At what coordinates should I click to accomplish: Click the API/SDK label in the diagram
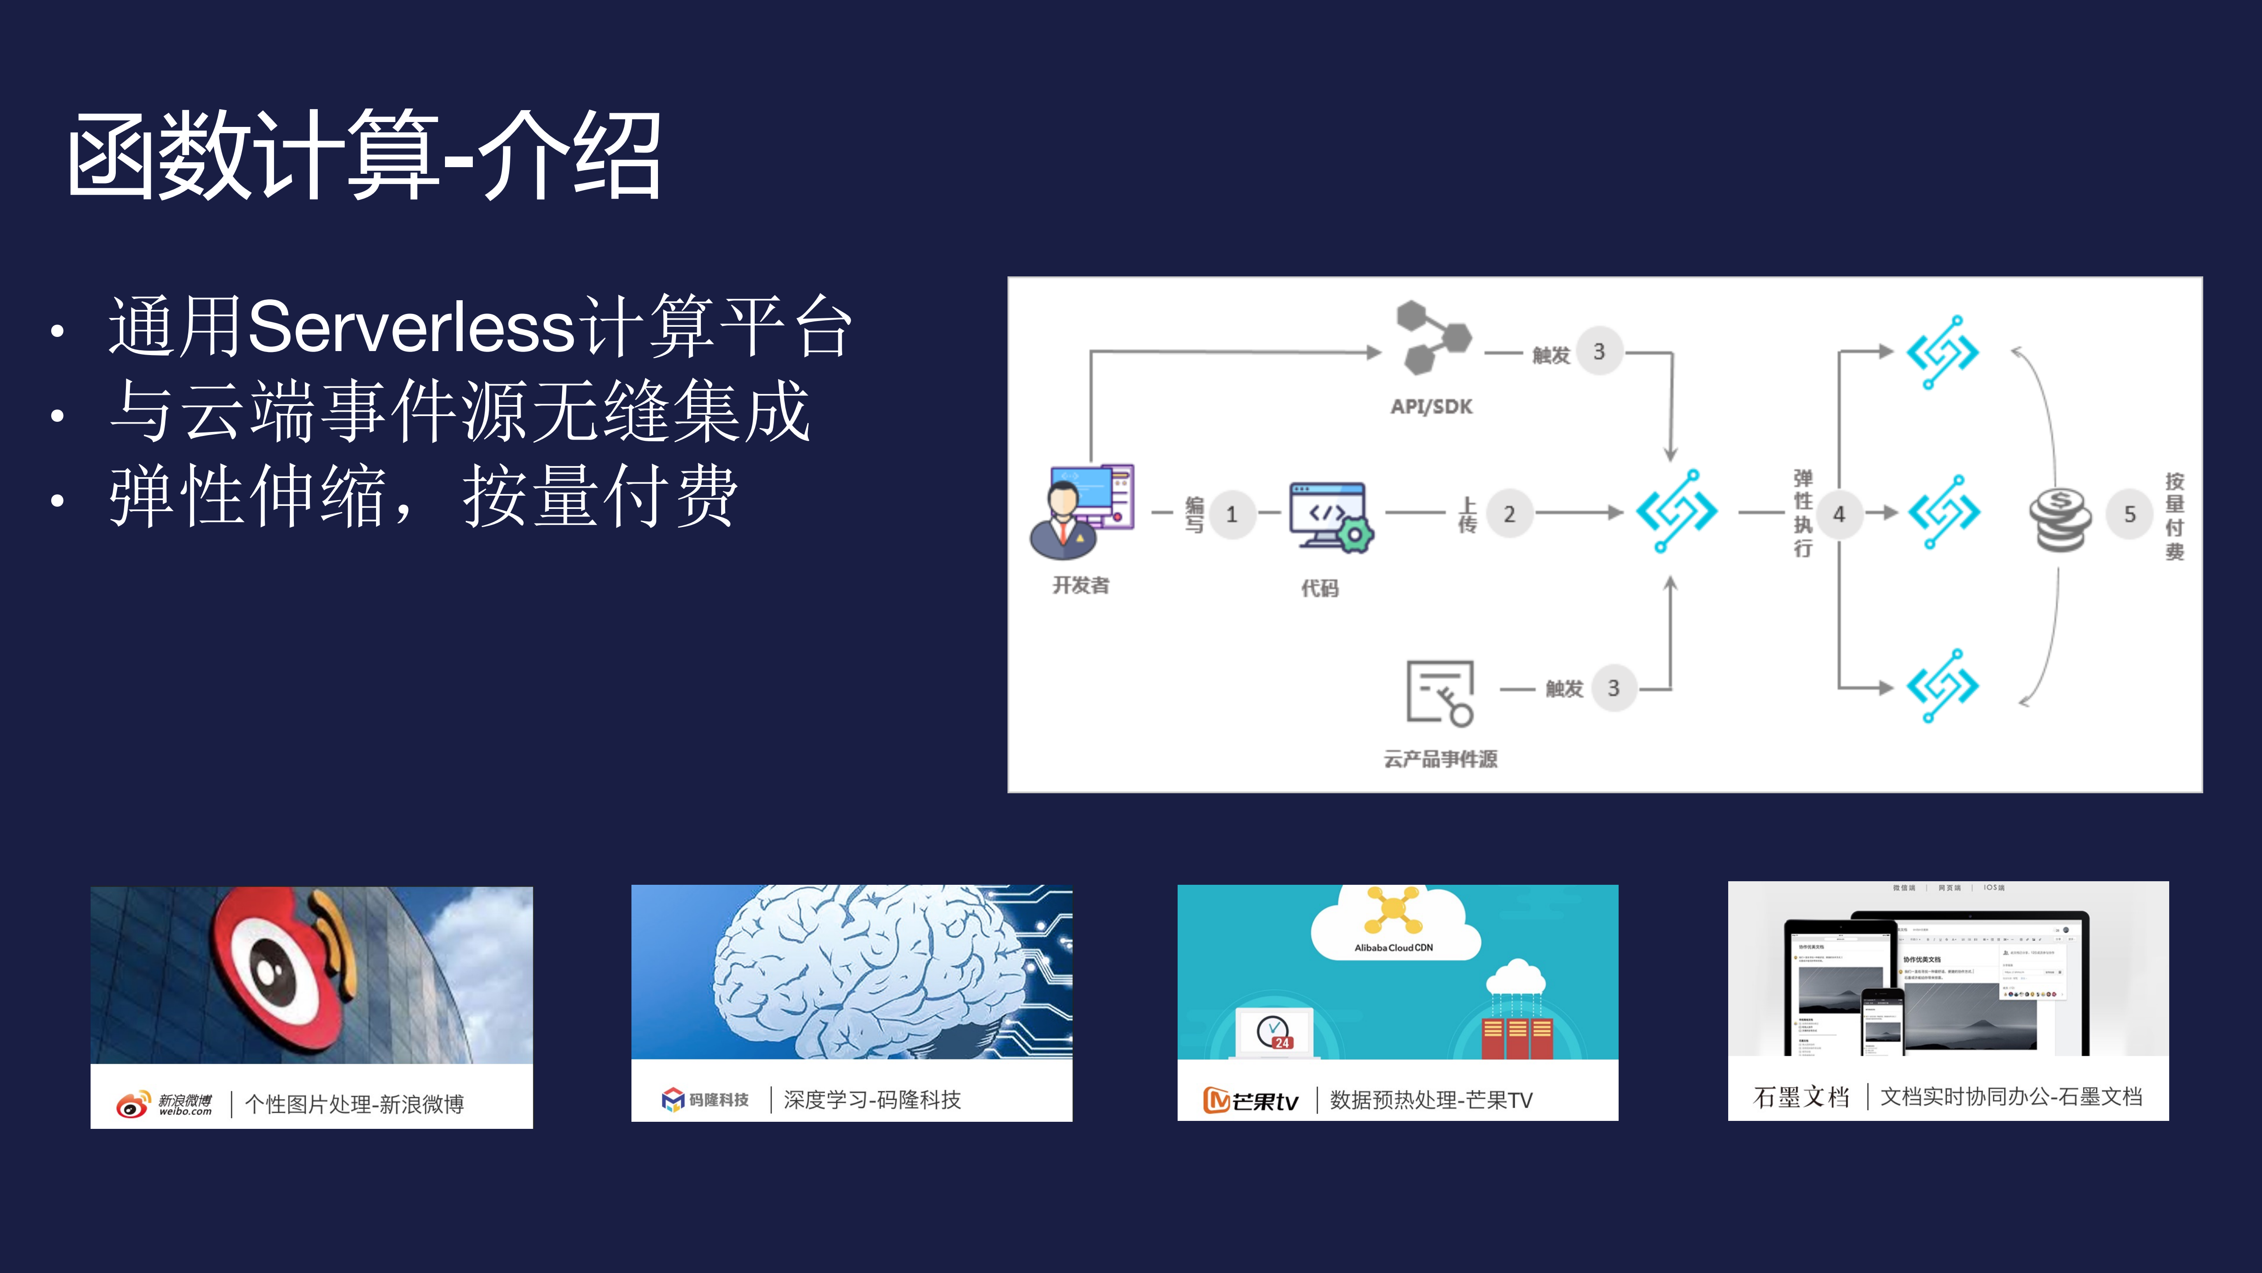tap(1431, 407)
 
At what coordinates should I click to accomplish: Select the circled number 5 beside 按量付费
tap(2129, 514)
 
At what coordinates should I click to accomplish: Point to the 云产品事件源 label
tap(1440, 759)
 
